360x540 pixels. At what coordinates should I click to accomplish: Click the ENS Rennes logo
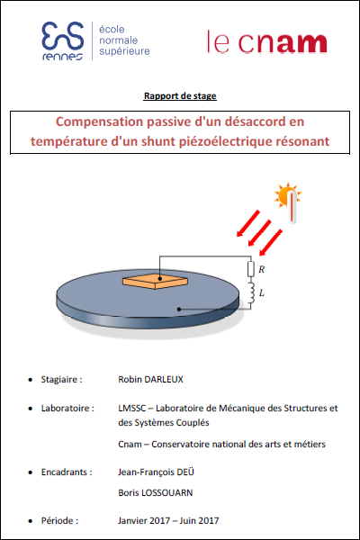(x=95, y=41)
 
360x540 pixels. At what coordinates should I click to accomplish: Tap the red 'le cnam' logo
(x=266, y=42)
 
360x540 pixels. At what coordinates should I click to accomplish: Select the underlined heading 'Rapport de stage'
(x=180, y=96)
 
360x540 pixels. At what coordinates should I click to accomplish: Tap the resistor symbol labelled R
(x=251, y=269)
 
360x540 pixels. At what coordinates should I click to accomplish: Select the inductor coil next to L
(x=251, y=293)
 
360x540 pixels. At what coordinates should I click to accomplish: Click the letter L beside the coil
(x=262, y=293)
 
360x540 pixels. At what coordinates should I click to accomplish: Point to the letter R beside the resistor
(x=262, y=269)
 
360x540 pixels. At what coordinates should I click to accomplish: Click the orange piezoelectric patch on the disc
(x=155, y=281)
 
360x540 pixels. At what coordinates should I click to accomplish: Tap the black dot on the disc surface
(x=179, y=310)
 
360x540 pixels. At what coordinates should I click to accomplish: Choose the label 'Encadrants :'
(x=67, y=472)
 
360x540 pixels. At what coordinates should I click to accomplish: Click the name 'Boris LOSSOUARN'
(x=156, y=493)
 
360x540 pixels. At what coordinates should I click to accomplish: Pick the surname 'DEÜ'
(x=185, y=472)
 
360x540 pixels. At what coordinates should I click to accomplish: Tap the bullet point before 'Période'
(x=31, y=521)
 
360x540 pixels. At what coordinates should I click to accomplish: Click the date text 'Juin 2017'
(x=199, y=521)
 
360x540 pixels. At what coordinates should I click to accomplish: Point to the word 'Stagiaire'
(x=58, y=380)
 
